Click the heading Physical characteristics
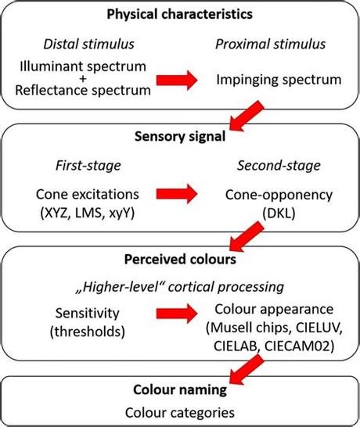(x=178, y=15)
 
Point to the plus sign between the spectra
(x=84, y=79)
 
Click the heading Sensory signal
(x=178, y=138)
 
